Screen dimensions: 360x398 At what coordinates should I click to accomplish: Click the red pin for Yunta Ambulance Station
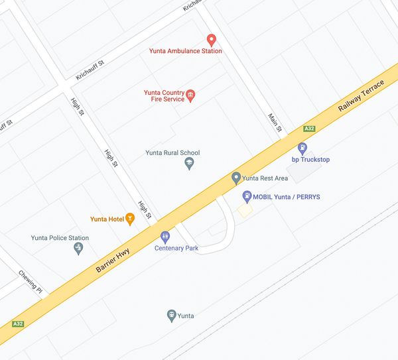click(x=212, y=40)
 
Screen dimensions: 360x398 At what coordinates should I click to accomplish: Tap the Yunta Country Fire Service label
click(x=164, y=96)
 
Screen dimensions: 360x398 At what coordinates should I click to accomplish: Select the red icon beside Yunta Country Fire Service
click(x=191, y=96)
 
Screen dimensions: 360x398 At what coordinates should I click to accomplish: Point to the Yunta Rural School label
click(x=172, y=152)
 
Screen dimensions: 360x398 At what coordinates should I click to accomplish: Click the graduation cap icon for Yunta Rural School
click(x=189, y=163)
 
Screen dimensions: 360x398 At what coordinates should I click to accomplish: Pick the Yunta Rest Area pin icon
click(x=235, y=178)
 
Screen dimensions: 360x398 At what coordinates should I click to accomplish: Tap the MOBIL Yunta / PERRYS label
click(x=287, y=196)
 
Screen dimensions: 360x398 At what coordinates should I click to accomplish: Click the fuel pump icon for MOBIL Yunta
click(x=247, y=196)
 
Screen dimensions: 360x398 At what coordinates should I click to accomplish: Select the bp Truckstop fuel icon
click(x=302, y=149)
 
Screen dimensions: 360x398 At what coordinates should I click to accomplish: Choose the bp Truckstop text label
click(x=310, y=159)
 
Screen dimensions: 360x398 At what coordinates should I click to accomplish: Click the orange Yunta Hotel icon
click(x=130, y=219)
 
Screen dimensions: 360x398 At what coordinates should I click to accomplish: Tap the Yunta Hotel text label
click(x=107, y=219)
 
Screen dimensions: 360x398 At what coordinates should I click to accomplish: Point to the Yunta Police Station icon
click(x=78, y=249)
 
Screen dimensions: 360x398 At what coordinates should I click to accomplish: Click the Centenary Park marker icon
click(x=165, y=236)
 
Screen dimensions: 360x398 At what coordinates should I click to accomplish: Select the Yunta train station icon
click(x=171, y=315)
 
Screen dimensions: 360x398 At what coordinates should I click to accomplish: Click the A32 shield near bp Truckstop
click(x=308, y=129)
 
